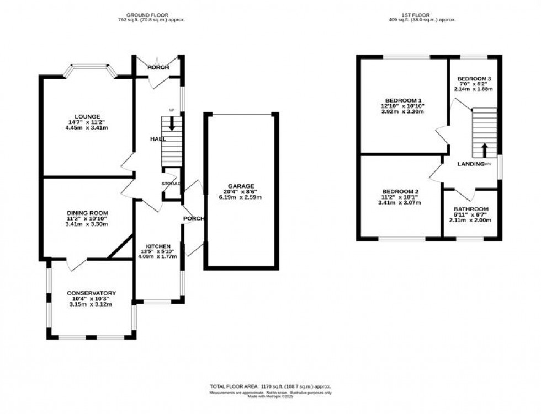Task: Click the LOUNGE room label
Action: (x=88, y=116)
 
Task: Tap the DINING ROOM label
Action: (x=87, y=213)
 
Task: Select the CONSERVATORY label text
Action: (x=91, y=293)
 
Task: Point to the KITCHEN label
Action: (x=158, y=246)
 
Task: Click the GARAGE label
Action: (x=239, y=186)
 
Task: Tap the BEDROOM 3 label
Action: (x=474, y=78)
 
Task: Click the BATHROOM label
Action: (x=471, y=209)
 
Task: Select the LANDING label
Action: (x=470, y=164)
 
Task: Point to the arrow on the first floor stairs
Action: (x=485, y=149)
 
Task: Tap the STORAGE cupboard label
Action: (x=171, y=183)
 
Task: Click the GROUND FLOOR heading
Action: (x=147, y=14)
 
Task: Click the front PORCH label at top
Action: (x=157, y=67)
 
